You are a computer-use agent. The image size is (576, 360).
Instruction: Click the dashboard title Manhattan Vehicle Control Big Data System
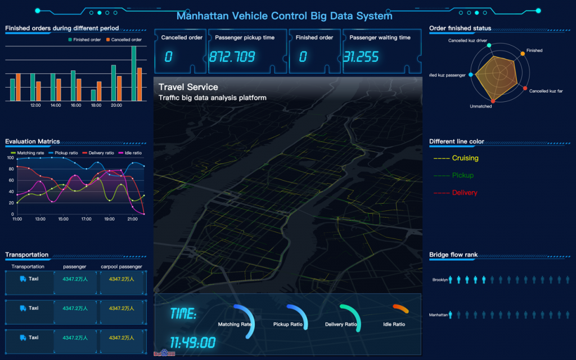284,16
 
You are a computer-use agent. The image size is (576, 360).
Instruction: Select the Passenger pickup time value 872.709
232,57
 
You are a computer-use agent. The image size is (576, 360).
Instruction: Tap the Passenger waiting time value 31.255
361,57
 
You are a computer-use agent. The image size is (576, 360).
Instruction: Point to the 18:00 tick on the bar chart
96,105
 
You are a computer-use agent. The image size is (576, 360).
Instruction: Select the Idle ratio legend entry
130,153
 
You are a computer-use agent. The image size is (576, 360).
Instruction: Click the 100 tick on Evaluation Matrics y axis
10,158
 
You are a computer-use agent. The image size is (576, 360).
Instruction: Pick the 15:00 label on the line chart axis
63,219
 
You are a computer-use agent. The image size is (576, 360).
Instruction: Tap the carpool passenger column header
121,267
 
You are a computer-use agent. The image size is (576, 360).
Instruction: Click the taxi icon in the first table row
22,278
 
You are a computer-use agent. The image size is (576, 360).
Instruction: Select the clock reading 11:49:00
192,343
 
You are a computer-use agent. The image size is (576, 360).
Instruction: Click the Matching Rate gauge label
235,325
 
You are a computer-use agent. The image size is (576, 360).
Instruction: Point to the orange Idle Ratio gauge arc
400,308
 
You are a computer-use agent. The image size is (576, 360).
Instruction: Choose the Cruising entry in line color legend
465,158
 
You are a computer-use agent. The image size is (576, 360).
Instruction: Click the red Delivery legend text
465,193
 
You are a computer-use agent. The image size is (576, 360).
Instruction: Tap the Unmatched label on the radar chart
480,106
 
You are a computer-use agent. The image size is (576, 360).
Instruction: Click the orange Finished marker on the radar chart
523,53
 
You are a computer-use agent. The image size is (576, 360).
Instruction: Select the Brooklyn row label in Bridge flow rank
440,280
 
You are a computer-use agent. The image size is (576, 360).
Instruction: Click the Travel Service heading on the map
188,87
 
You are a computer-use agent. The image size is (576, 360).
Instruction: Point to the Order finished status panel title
460,28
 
